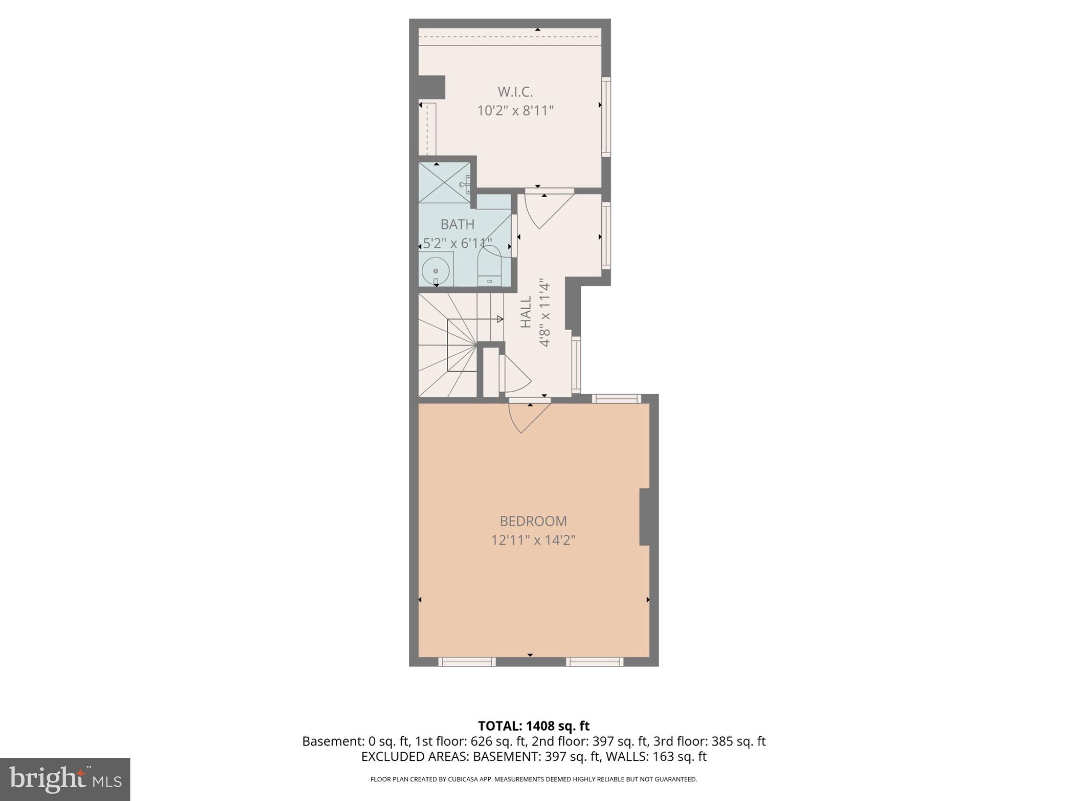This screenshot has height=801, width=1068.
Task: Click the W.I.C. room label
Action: [x=515, y=92]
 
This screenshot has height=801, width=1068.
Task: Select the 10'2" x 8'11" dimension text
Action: [x=515, y=111]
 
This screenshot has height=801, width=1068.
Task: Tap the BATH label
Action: [x=457, y=224]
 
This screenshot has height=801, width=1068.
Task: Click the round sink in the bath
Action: [x=435, y=271]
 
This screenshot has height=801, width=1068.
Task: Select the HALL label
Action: [x=526, y=312]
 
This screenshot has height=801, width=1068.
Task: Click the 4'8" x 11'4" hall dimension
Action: [x=545, y=313]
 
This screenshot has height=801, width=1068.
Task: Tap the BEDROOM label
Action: [x=533, y=521]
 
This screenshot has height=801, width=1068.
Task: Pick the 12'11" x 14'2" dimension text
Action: [x=533, y=540]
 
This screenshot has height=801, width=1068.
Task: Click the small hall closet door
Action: [x=514, y=373]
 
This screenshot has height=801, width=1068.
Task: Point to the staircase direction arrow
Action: [x=500, y=319]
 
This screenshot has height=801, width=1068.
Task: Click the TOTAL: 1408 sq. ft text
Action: [x=533, y=726]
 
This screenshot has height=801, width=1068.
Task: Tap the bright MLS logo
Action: [x=65, y=779]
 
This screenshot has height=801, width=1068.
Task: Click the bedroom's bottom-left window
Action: [x=466, y=662]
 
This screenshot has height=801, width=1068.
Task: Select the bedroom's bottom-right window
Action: [x=594, y=662]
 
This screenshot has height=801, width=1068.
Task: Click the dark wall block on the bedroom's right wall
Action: [x=645, y=517]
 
